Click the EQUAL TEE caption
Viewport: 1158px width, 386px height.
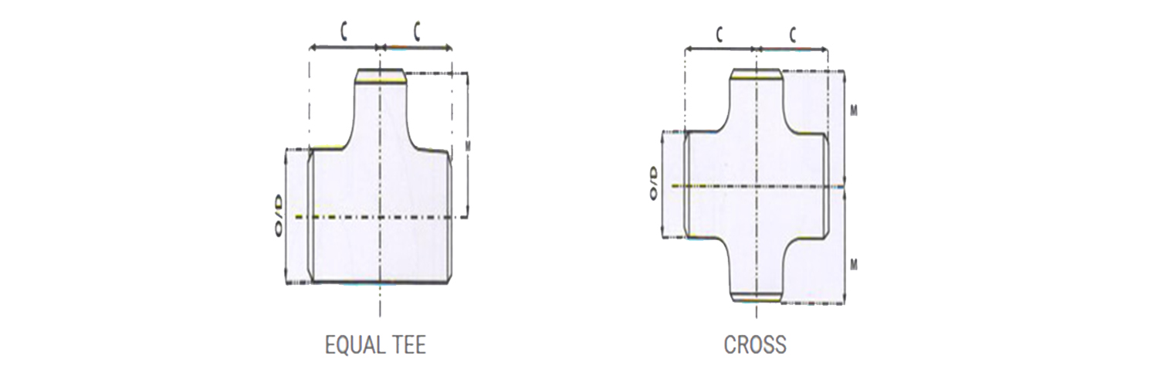375,344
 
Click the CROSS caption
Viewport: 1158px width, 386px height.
755,344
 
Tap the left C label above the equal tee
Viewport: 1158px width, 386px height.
344,32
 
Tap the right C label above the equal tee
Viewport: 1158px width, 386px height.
416,32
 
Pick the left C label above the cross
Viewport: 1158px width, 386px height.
720,34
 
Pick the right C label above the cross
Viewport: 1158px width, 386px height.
792,34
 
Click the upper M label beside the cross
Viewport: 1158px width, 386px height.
854,110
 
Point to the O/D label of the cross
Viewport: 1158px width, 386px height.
653,183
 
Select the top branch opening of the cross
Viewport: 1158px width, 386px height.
757,74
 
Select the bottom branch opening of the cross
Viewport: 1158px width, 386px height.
757,296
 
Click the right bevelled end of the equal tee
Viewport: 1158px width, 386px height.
449,216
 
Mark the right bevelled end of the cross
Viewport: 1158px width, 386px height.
826,185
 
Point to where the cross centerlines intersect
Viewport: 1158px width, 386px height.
757,186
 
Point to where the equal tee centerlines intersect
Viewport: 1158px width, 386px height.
380,217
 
